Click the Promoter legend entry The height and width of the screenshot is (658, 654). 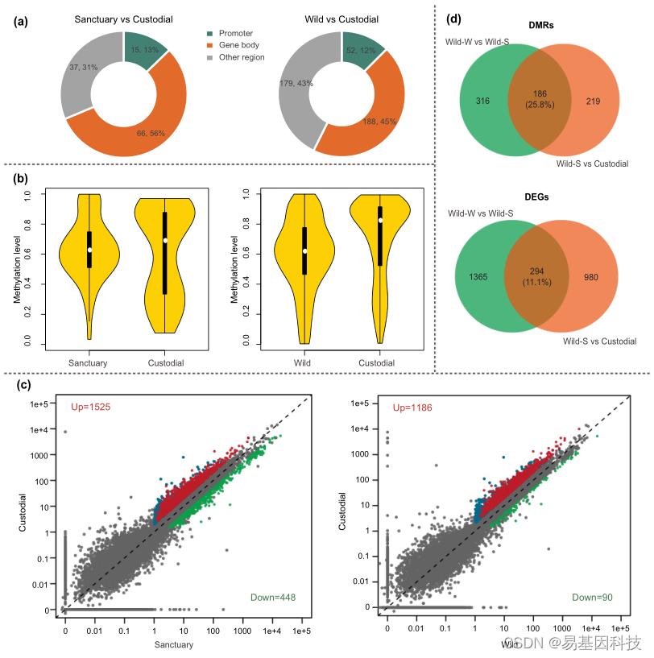point(236,33)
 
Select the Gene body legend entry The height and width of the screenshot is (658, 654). point(238,45)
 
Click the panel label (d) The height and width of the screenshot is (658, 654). point(455,19)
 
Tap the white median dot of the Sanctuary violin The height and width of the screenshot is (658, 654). point(90,250)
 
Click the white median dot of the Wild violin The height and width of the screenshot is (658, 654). point(305,250)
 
